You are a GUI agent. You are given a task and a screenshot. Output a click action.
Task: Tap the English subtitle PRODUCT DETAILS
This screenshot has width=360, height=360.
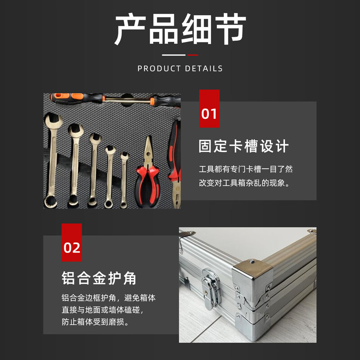pos(180,69)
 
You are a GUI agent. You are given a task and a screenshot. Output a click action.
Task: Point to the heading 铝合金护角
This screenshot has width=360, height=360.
pos(99,278)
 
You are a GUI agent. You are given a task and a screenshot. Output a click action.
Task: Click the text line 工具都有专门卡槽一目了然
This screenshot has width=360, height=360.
pos(246,170)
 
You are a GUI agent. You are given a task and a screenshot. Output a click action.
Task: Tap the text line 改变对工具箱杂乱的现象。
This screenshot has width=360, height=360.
pos(246,183)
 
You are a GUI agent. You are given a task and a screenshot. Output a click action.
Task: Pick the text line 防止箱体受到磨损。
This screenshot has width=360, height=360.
pos(95,322)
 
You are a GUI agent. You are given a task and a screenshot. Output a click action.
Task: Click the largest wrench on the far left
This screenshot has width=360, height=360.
pos(52,157)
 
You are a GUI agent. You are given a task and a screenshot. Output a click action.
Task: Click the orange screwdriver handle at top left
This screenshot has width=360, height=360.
pos(67,97)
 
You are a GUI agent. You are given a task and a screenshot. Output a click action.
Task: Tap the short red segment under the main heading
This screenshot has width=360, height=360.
pos(193,55)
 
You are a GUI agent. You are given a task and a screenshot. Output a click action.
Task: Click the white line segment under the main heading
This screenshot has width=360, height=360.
pos(174,55)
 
